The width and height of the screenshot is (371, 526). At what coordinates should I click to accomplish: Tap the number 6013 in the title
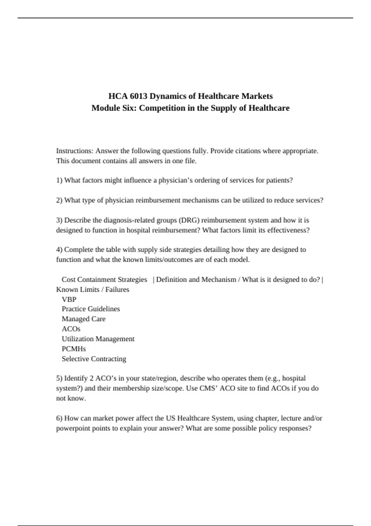point(139,96)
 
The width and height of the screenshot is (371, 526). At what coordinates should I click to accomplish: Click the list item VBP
point(69,300)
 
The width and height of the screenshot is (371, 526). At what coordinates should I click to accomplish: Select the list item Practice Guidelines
point(91,309)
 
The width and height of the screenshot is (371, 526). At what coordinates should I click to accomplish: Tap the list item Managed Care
point(83,319)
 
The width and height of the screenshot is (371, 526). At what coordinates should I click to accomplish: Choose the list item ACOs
point(71,329)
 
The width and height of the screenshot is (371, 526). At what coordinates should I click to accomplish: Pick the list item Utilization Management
point(98,339)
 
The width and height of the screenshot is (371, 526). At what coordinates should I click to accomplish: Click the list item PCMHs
point(74,349)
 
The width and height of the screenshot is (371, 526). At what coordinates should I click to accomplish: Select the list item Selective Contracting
point(94,359)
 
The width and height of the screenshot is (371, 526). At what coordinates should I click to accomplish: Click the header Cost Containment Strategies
point(104,280)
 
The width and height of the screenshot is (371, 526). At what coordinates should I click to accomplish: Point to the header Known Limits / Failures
point(92,290)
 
